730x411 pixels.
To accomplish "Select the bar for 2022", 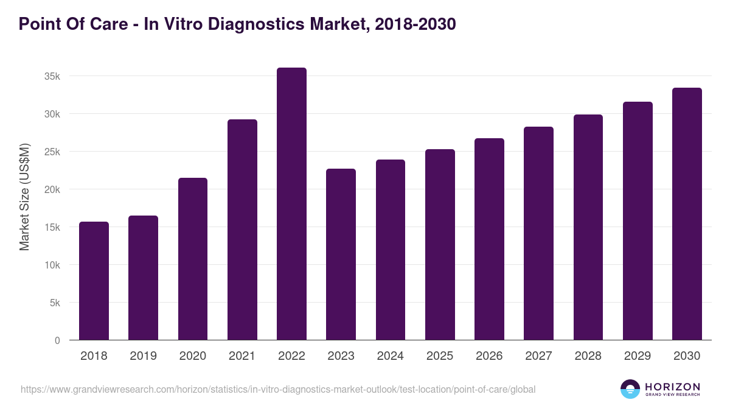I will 291,204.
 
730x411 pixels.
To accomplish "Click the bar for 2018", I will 94,281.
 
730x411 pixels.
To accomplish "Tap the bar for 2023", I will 341,255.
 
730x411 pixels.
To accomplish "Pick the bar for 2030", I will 687,214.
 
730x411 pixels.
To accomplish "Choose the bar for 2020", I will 193,259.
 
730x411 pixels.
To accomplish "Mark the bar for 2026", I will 489,239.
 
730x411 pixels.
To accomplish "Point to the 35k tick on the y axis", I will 52,77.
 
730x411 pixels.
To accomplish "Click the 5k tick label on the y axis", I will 54,303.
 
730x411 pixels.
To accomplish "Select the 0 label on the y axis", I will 57,340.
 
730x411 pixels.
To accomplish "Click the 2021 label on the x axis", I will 242,356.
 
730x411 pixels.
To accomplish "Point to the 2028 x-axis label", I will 588,356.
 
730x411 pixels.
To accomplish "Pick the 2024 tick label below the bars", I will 391,356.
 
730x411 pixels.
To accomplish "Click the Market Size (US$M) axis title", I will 24,197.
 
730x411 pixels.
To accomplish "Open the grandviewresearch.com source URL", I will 278,389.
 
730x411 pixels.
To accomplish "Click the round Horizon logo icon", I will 630,389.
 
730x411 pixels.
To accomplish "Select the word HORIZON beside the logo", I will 672,387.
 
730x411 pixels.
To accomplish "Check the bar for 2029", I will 638,221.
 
